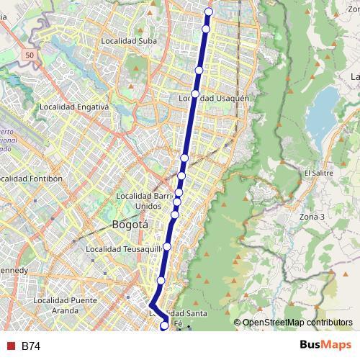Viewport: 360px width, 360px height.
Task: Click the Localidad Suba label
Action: (128, 41)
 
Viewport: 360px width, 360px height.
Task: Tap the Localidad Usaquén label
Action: (214, 98)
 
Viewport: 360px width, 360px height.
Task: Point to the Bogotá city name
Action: (130, 225)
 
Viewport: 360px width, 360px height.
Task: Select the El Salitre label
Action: (318, 174)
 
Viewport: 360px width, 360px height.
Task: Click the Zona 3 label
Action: (312, 216)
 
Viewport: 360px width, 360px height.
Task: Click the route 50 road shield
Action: (29, 55)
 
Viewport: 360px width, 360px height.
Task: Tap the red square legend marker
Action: (10, 346)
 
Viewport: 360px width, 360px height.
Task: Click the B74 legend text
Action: (31, 346)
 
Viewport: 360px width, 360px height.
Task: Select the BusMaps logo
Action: (325, 346)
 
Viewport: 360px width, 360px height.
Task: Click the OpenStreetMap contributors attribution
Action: (297, 323)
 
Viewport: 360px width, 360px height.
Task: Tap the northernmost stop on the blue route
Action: (209, 12)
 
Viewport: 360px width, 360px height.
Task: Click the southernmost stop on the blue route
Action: (164, 326)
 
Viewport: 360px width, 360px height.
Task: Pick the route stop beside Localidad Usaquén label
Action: (195, 94)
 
